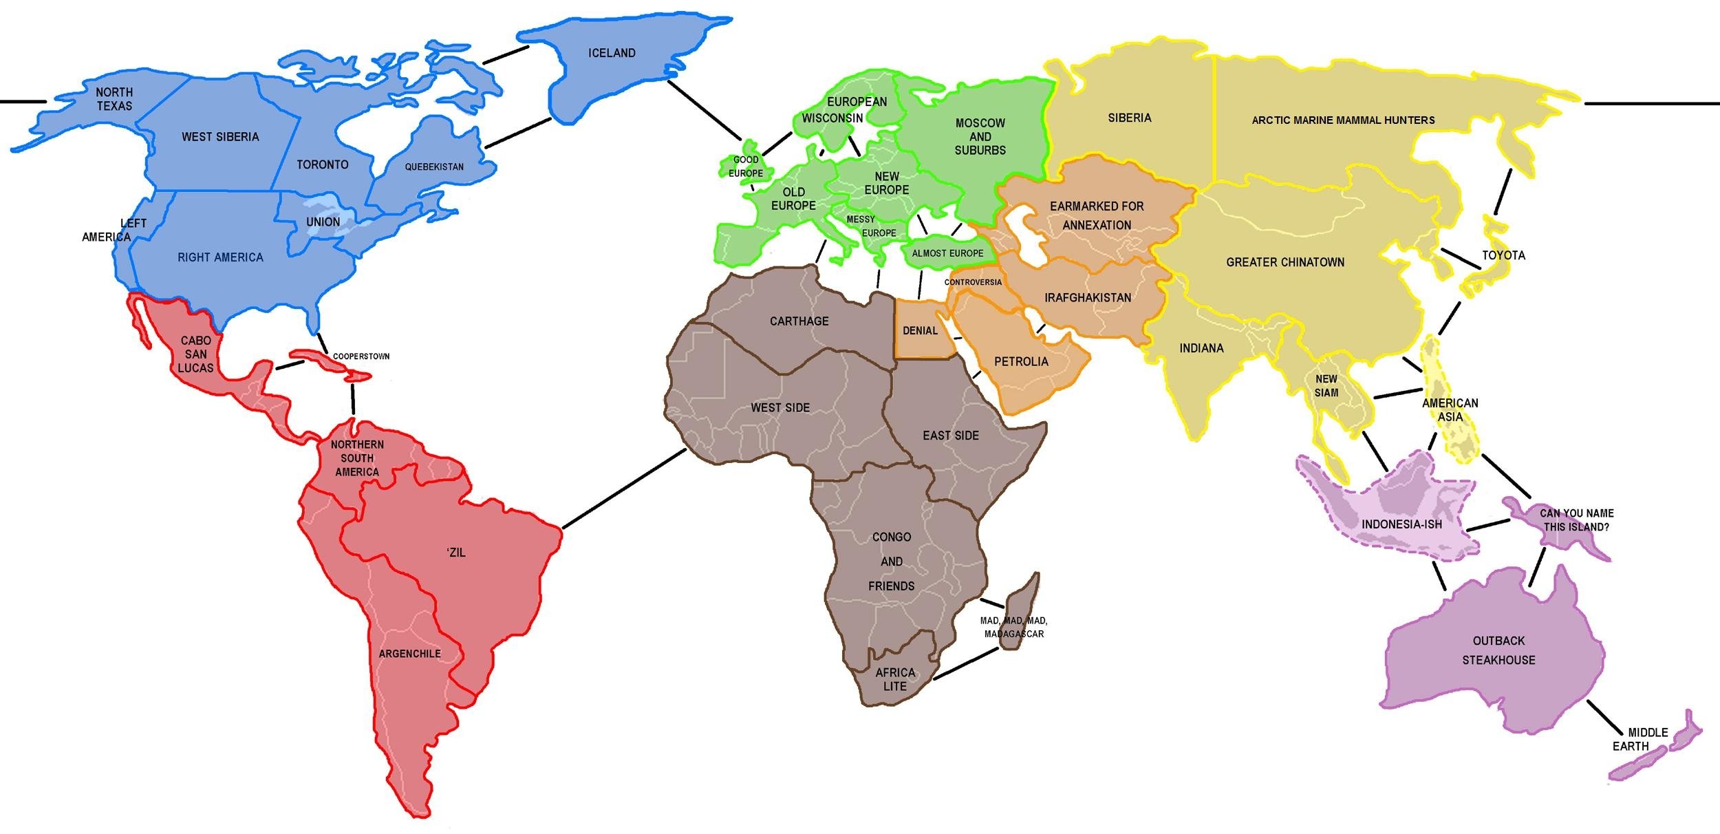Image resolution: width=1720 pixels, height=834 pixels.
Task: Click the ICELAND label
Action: tap(612, 53)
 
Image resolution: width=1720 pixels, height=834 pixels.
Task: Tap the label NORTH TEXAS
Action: tap(114, 99)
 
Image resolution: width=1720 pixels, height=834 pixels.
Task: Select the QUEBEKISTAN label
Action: tap(434, 167)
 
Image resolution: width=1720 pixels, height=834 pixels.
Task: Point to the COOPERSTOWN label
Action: tap(361, 356)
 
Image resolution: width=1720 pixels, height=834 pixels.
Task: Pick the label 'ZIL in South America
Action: tap(456, 553)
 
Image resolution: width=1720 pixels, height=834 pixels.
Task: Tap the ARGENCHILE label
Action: tap(409, 654)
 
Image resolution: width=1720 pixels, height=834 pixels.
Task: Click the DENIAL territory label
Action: tap(920, 331)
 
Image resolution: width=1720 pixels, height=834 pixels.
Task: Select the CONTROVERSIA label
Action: tap(973, 282)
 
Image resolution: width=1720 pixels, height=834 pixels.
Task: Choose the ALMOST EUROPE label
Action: tap(947, 253)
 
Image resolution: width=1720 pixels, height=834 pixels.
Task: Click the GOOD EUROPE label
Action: tap(746, 167)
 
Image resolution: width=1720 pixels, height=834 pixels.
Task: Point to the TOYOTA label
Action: tap(1503, 255)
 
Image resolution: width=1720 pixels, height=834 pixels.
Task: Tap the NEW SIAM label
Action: tap(1326, 386)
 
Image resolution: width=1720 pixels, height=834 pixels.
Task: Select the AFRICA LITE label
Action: tap(894, 679)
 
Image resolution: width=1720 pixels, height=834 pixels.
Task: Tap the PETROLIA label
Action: tap(1021, 361)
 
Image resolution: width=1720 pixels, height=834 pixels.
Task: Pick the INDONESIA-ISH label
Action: tap(1401, 524)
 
